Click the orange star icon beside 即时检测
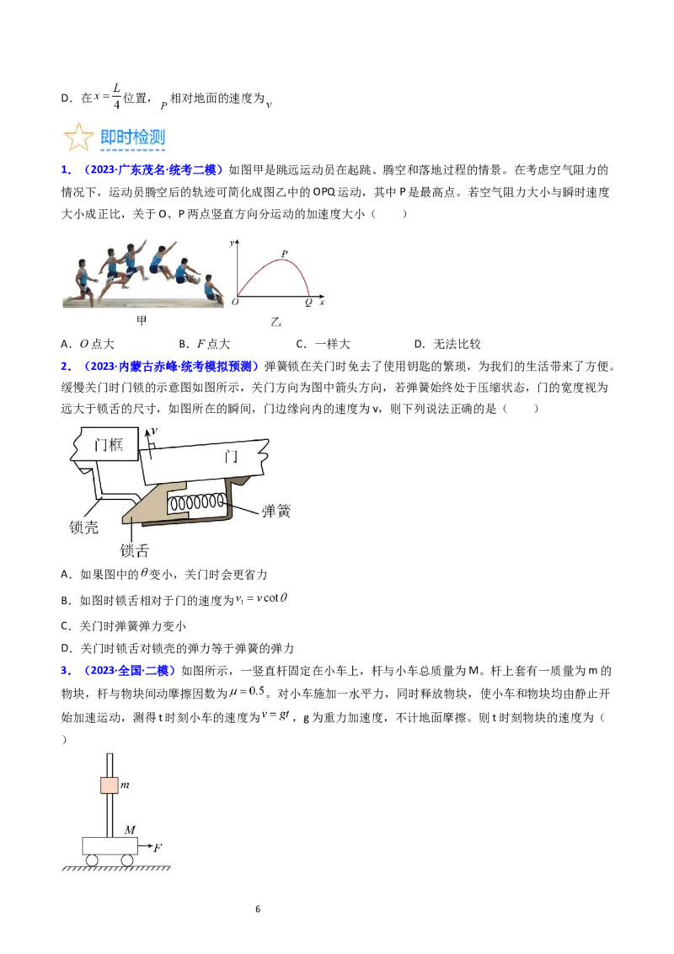pos(78,137)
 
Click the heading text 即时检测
pos(132,137)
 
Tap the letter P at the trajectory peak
pos(284,254)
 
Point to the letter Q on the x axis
pos(308,303)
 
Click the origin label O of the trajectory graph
pos(235,302)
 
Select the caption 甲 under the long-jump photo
pos(142,320)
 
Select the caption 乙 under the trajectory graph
pos(276,322)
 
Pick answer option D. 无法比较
pos(447,344)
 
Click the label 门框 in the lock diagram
pos(109,445)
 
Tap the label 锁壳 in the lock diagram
pos(83,527)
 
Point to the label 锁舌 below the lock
pos(135,550)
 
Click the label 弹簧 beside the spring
pos(276,511)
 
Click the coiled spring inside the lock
pos(196,503)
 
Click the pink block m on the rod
pos(109,785)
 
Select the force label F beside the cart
pos(158,848)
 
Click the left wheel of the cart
pos(92,860)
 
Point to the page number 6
pos(258,909)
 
